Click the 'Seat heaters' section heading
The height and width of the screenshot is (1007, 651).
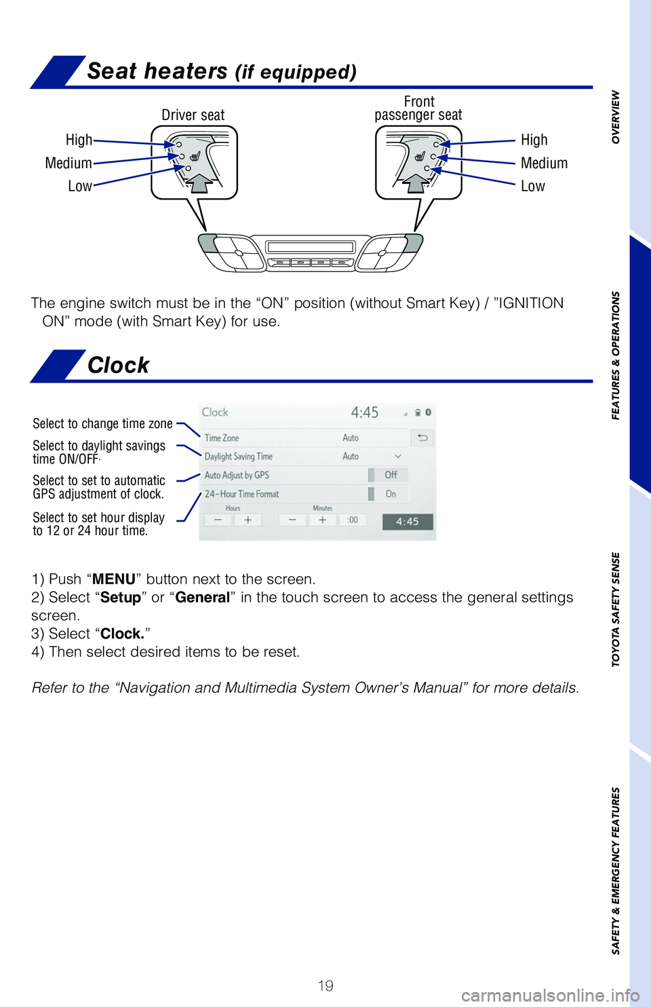tap(222, 71)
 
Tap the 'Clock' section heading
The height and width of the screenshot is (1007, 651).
tap(118, 365)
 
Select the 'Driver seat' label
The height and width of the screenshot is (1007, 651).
tap(193, 115)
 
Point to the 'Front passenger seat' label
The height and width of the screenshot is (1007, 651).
tap(418, 109)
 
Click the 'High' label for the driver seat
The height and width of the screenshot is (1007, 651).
tap(79, 140)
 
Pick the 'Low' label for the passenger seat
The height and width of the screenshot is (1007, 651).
tap(532, 186)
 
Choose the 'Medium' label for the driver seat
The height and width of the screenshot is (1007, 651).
tap(68, 163)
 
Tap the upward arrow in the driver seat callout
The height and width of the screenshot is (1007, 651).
tap(199, 182)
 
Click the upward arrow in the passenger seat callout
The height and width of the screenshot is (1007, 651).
tap(416, 182)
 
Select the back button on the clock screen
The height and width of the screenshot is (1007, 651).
tap(422, 438)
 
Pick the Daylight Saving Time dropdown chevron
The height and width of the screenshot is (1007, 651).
tap(398, 456)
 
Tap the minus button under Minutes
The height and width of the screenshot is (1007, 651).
tap(292, 520)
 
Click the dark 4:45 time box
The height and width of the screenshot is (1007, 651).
tap(408, 521)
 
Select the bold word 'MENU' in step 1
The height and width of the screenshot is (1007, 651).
tap(114, 579)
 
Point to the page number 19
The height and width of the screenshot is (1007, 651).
tap(325, 985)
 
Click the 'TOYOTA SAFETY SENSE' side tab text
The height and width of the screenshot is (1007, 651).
tap(616, 609)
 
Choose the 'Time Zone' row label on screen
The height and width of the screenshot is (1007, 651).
tap(222, 438)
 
